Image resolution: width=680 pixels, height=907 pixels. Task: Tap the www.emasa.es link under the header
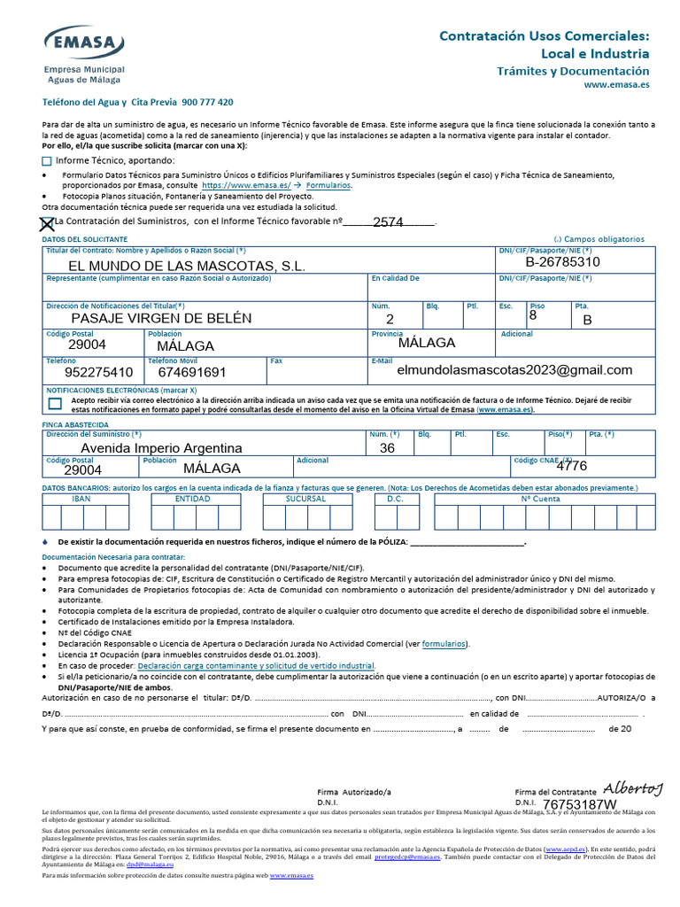pyautogui.click(x=616, y=85)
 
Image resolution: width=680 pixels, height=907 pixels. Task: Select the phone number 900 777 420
pyautogui.click(x=207, y=103)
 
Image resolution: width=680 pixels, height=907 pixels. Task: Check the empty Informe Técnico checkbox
pyautogui.click(x=47, y=161)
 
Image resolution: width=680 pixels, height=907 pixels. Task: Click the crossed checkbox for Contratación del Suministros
pyautogui.click(x=48, y=223)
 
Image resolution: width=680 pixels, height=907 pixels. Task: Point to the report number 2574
pyautogui.click(x=388, y=222)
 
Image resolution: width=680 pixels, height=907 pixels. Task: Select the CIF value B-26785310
pyautogui.click(x=562, y=262)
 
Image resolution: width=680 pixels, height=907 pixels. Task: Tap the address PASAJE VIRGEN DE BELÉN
pyautogui.click(x=161, y=318)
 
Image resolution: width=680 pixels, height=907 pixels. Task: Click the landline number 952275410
pyautogui.click(x=99, y=373)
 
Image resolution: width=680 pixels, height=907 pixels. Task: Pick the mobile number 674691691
pyautogui.click(x=192, y=373)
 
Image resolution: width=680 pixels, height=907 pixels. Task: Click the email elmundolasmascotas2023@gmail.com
pyautogui.click(x=515, y=369)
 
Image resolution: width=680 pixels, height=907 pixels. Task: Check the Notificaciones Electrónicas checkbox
pyautogui.click(x=56, y=403)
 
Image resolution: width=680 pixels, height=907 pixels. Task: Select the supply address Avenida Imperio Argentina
pyautogui.click(x=161, y=448)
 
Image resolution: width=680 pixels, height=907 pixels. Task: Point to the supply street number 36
pyautogui.click(x=387, y=448)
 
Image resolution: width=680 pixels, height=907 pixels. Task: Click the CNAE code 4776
pyautogui.click(x=571, y=466)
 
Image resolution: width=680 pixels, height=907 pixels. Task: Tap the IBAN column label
pyautogui.click(x=81, y=499)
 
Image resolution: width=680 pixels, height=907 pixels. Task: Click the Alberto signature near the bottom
pyautogui.click(x=632, y=788)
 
